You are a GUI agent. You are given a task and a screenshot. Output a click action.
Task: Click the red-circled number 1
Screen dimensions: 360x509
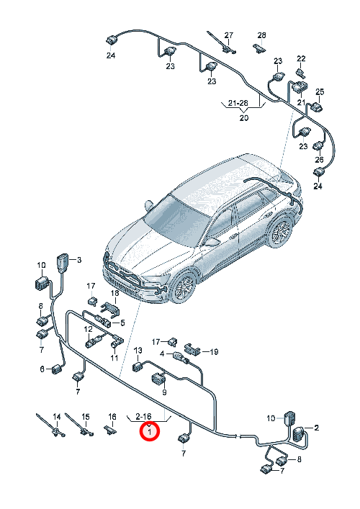click(x=150, y=432)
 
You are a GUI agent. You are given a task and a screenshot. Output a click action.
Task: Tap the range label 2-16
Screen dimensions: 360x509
click(x=143, y=416)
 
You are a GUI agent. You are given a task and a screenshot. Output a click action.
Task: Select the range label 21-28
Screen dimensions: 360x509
click(x=238, y=103)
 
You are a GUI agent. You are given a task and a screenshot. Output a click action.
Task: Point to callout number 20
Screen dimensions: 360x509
click(x=244, y=117)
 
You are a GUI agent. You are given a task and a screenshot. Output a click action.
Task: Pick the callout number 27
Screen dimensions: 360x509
click(x=229, y=35)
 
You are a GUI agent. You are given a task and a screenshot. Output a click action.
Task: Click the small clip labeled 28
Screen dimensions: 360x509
click(x=259, y=48)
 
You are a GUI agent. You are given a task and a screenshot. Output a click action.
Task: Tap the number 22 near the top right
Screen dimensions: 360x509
click(x=301, y=58)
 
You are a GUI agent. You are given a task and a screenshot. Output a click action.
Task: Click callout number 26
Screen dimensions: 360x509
click(x=320, y=159)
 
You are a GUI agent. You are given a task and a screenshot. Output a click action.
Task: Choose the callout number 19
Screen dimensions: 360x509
click(x=214, y=351)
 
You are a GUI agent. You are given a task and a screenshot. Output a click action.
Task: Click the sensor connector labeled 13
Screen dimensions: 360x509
click(x=137, y=367)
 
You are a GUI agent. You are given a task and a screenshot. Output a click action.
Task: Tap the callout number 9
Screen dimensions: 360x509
click(x=164, y=392)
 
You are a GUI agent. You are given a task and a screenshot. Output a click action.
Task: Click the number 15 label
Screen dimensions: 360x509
click(x=86, y=416)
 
